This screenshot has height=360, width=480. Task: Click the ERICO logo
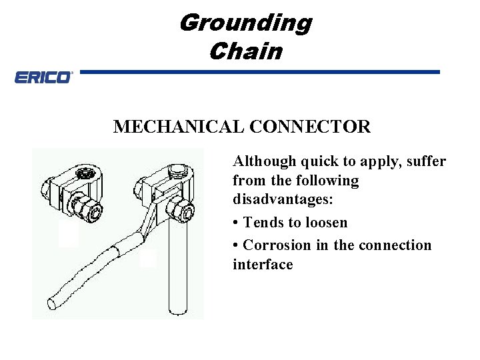43,78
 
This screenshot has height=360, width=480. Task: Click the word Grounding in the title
245,23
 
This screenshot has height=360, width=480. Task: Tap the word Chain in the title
245,51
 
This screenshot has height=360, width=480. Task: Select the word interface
263,265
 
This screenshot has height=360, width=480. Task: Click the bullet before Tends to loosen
236,223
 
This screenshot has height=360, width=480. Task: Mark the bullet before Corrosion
236,245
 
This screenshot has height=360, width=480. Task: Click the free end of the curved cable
51,305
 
